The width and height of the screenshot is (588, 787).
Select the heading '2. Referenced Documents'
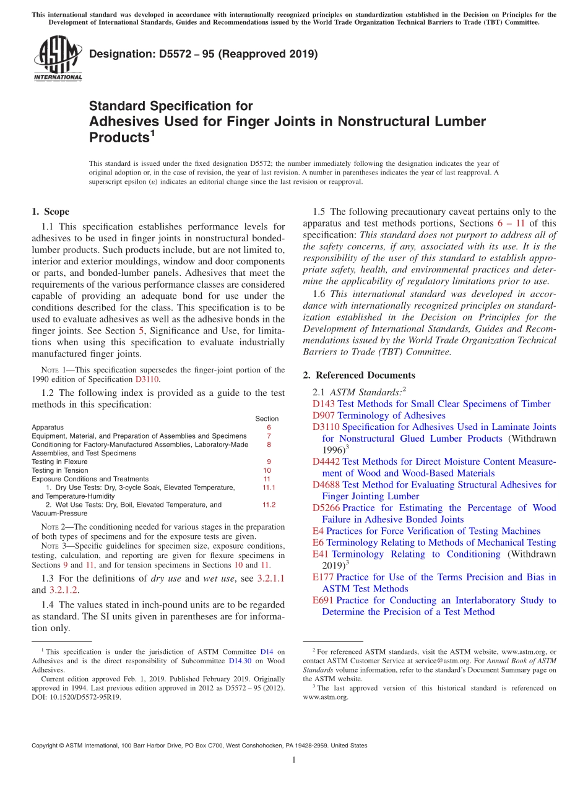coord(359,375)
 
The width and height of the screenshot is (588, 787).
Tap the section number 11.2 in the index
coord(269,505)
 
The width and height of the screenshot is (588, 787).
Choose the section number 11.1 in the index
coord(269,488)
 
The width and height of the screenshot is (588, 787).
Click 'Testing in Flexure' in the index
coord(60,462)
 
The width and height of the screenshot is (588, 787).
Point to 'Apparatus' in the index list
coord(48,427)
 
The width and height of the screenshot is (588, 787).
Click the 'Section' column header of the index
coord(267,419)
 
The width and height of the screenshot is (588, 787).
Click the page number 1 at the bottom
coord(294,760)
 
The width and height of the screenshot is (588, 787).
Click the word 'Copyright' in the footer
coord(46,746)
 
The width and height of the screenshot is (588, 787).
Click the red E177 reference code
coord(323,577)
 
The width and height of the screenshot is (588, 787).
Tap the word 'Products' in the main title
coord(119,137)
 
